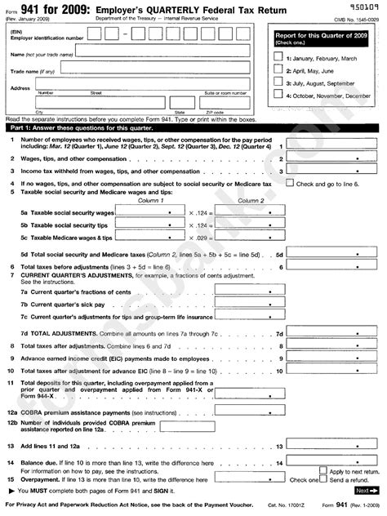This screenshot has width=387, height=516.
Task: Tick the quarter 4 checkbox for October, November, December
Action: point(278,96)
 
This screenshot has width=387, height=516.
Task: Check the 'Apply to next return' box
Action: point(321,471)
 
